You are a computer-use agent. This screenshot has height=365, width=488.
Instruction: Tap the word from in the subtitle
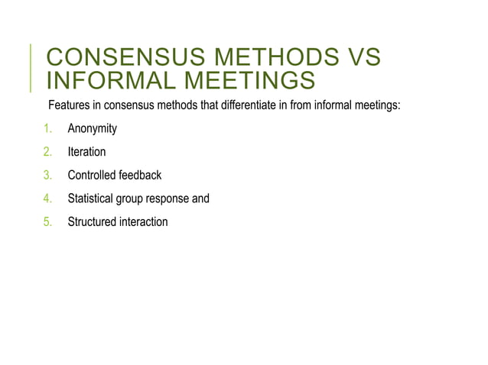click(301, 105)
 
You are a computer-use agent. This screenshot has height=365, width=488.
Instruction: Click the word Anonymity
click(92, 128)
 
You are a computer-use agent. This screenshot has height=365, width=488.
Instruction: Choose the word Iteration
click(86, 152)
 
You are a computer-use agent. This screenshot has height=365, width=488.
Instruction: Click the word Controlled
click(91, 175)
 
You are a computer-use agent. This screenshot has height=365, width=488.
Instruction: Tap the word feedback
click(139, 175)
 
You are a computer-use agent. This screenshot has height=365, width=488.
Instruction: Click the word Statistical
click(91, 199)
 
